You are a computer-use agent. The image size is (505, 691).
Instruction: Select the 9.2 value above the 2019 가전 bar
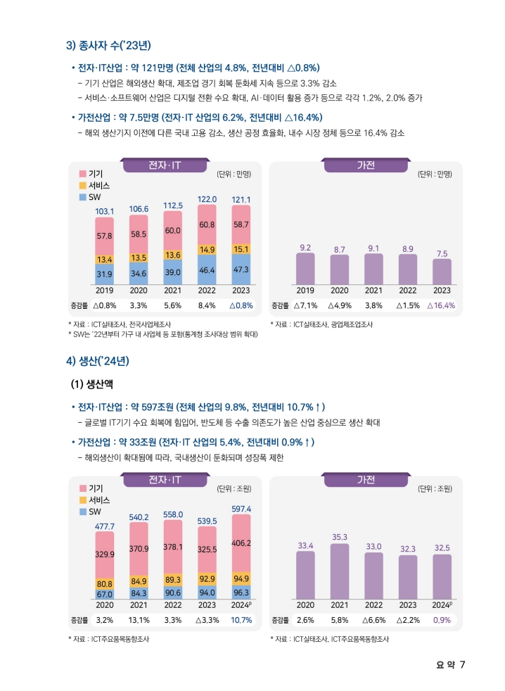pos(305,248)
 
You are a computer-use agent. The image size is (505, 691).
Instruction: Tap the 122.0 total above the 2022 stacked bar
pos(207,199)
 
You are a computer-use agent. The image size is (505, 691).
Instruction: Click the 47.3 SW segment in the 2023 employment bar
pos(241,270)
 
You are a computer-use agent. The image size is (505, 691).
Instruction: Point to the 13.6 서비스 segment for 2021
pos(173,254)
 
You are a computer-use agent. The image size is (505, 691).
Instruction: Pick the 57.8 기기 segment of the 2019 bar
pos(105,236)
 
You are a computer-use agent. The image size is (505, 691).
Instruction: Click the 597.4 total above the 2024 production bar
pos(241,508)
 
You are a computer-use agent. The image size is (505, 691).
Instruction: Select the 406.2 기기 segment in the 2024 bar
pos(241,543)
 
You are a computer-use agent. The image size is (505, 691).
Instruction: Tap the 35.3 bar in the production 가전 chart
pos(340,571)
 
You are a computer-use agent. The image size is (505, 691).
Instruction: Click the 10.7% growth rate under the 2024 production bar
pos(241,620)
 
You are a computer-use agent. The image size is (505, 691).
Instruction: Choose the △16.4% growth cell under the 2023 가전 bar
pos(441,305)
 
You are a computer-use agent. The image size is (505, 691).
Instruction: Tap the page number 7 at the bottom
pos(462,664)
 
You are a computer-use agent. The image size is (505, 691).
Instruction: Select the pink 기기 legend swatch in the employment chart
pos(82,173)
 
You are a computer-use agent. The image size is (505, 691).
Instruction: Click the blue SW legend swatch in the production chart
pos(82,511)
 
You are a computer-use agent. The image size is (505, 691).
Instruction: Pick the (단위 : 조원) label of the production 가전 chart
pos(434,488)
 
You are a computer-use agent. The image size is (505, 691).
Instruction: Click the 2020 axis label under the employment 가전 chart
pos(340,290)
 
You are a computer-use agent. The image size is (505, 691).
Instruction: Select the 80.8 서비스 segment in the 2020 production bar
pos(105,583)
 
